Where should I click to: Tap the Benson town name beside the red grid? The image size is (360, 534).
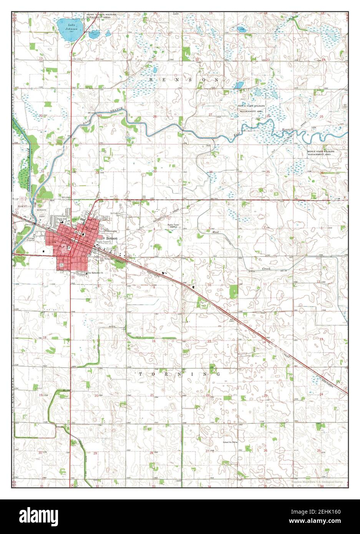tap(112, 238)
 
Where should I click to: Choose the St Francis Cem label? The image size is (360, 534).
tap(115, 214)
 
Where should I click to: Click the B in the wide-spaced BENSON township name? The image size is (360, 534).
tap(151, 80)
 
